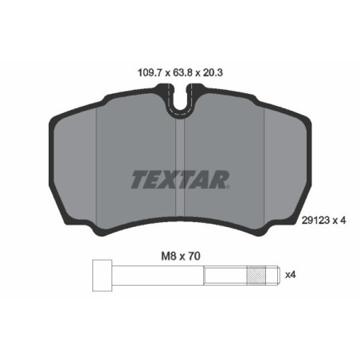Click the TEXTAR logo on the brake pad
point(180,180)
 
